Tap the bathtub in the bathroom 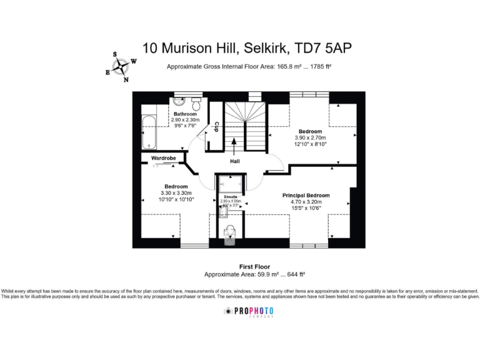pyautogui.click(x=149, y=131)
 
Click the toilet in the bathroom pyautogui.click(x=196, y=101)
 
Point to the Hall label pyautogui.click(x=234, y=161)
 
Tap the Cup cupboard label pyautogui.click(x=216, y=127)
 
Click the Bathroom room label pyautogui.click(x=185, y=114)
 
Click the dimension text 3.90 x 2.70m pyautogui.click(x=311, y=137)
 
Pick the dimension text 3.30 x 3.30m pyautogui.click(x=176, y=193)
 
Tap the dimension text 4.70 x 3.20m pyautogui.click(x=306, y=202)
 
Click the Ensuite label pyautogui.click(x=231, y=197)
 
